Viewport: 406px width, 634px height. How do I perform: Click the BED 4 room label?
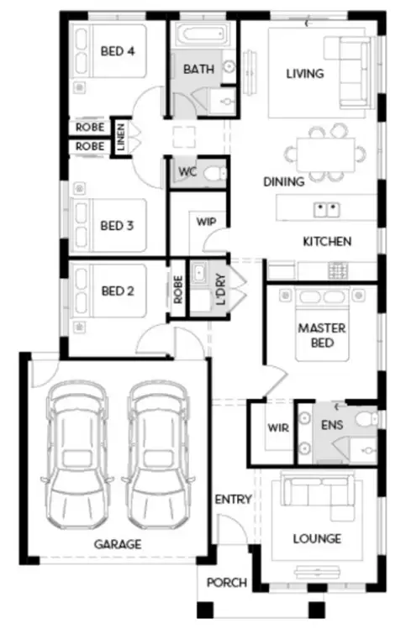(118, 51)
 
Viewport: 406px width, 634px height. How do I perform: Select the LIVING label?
(304, 74)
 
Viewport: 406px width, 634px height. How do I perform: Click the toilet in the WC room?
(215, 174)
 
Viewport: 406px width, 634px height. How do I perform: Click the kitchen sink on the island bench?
(326, 208)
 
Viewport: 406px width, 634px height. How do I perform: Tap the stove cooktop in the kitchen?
(341, 270)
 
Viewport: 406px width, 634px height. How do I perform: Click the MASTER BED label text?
(322, 336)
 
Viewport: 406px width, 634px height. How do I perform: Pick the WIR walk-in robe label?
(278, 427)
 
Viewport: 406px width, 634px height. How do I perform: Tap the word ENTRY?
(233, 500)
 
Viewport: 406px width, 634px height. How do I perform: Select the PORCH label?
(227, 582)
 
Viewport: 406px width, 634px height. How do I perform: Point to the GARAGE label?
(118, 544)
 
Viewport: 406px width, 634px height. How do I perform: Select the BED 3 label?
(118, 225)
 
